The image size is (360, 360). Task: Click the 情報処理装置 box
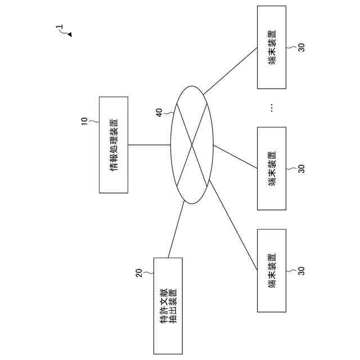click(114, 145)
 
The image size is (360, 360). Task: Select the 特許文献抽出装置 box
click(168, 305)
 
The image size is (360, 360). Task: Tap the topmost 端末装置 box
click(272, 47)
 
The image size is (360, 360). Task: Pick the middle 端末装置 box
click(272, 168)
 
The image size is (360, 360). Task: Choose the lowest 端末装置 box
click(272, 271)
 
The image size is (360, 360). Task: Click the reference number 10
click(84, 121)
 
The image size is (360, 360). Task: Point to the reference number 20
click(139, 273)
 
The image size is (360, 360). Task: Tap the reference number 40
click(159, 112)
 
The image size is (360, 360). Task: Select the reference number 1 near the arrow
click(60, 26)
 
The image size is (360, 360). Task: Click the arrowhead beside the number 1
click(70, 35)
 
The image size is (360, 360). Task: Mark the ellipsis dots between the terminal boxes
click(272, 107)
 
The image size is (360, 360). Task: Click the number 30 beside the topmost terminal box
click(301, 48)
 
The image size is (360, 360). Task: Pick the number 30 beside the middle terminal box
click(301, 168)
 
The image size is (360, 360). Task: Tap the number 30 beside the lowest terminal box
click(301, 271)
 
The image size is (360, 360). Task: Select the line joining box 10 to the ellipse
click(149, 145)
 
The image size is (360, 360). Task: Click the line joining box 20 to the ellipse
click(176, 229)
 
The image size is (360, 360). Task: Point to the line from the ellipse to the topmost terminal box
click(231, 70)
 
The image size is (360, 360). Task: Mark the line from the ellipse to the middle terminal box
click(235, 155)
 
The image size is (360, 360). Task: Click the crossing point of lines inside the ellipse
click(192, 145)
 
